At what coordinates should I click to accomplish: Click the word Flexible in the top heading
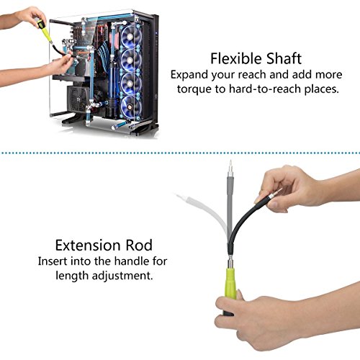pos(233,58)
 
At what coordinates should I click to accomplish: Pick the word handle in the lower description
pos(122,261)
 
